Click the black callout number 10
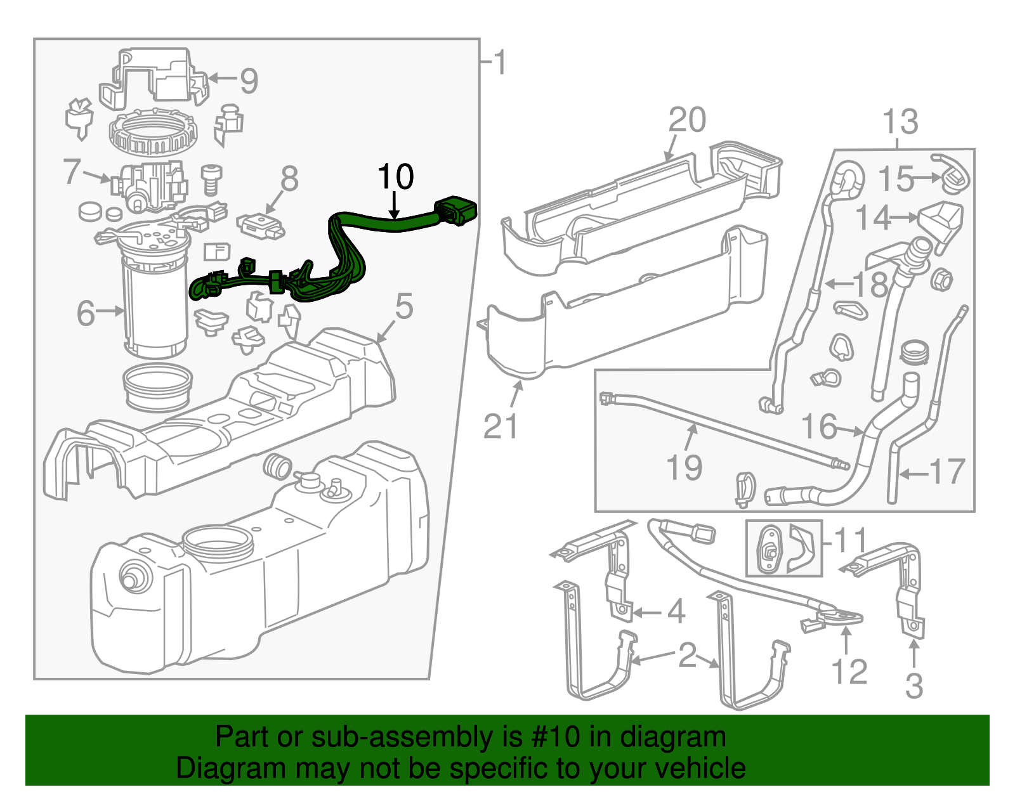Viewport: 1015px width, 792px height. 395,177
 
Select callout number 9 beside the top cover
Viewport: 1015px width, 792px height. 249,81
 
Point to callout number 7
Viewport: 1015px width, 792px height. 72,171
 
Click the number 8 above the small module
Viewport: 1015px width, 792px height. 289,179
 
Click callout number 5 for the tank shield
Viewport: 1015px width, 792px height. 404,307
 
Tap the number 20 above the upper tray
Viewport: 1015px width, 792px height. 687,120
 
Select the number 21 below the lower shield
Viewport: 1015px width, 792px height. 501,426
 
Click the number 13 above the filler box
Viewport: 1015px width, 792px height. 900,122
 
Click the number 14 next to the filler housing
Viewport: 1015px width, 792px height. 874,218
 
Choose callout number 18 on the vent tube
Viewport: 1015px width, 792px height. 870,284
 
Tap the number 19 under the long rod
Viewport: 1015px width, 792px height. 684,468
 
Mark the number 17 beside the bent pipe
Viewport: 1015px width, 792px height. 946,472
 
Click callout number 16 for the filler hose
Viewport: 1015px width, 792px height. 819,427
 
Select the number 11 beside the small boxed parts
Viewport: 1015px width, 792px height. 850,541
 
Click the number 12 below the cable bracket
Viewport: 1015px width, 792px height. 849,672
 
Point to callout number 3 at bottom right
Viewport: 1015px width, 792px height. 913,685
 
